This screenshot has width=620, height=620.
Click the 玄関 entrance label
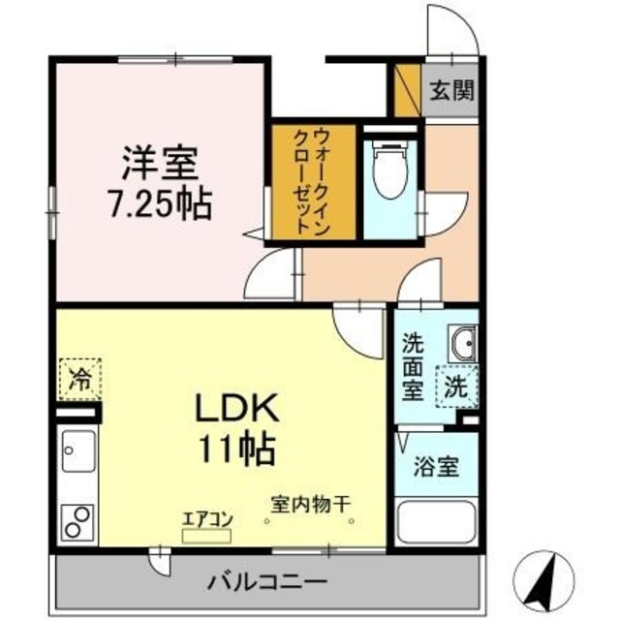click(450, 93)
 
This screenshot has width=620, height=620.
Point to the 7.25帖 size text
click(161, 204)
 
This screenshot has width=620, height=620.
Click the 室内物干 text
click(311, 504)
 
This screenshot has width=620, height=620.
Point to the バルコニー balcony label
click(268, 582)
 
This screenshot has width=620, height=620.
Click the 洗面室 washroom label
click(412, 366)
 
